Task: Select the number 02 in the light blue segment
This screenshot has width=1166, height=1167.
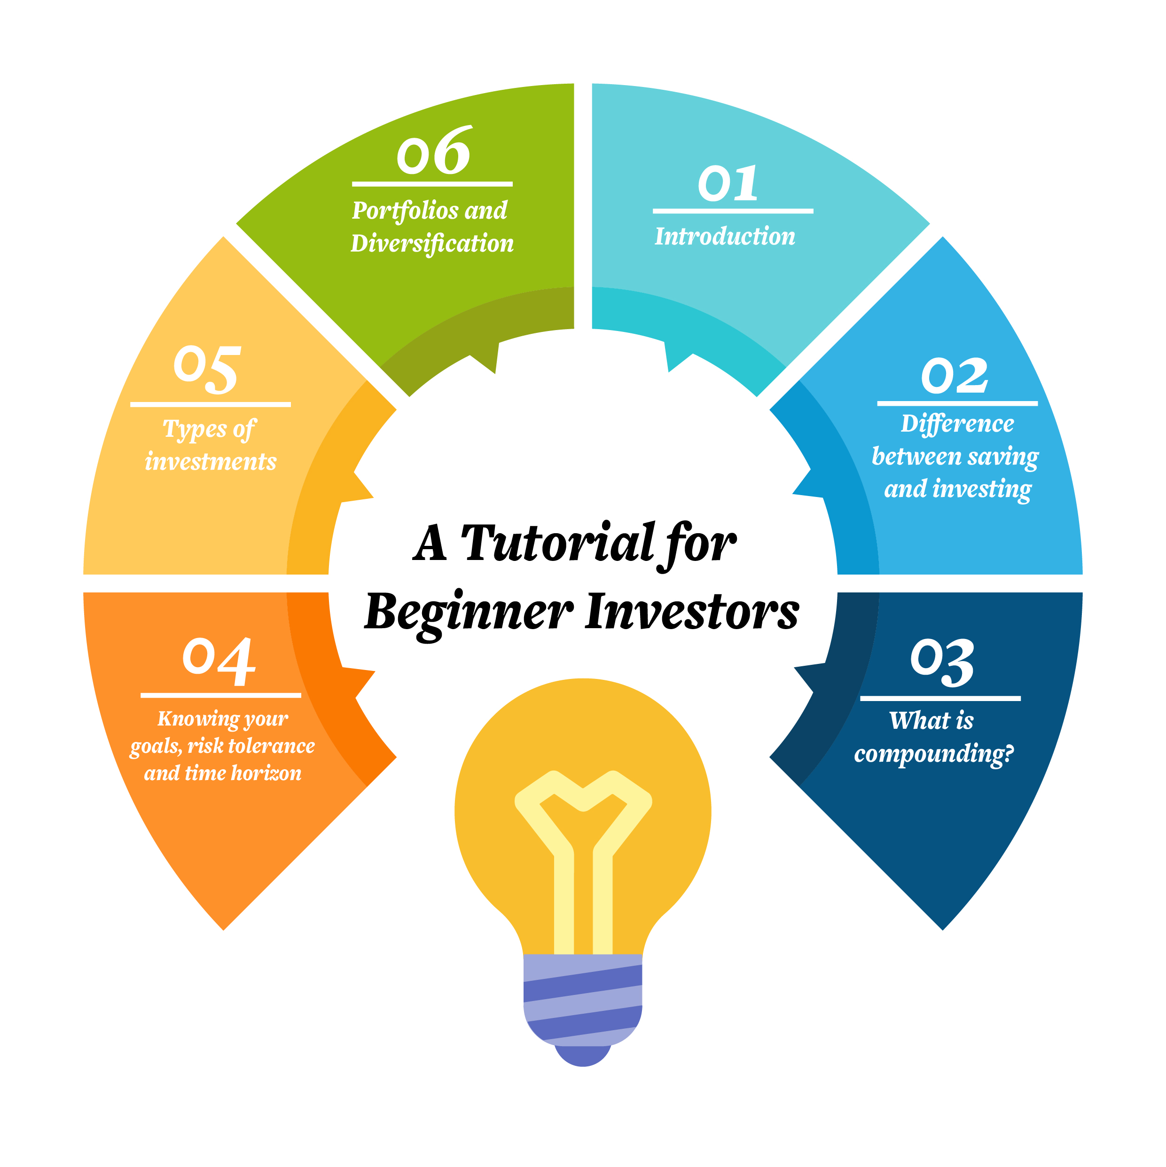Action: [955, 375]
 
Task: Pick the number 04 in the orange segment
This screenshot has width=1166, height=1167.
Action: [219, 661]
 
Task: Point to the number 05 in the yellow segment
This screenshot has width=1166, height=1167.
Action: [207, 369]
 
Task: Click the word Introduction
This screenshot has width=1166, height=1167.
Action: [725, 236]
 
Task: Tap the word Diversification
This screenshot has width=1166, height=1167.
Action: [432, 244]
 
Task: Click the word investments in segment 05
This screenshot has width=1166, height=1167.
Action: [211, 461]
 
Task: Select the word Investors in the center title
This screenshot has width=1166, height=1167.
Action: [693, 611]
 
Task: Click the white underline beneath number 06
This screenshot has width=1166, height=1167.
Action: [432, 184]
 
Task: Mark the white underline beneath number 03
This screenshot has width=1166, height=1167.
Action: [940, 698]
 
